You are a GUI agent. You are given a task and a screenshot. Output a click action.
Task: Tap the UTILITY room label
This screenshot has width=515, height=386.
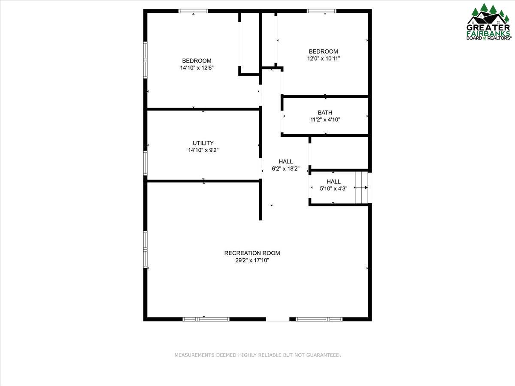203,143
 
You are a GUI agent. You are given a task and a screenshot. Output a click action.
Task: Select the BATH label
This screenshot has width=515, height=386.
325,113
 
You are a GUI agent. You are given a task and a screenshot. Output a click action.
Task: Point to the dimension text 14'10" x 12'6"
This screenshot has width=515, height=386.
197,68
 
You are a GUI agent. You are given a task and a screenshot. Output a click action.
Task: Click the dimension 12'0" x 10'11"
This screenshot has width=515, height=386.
324,58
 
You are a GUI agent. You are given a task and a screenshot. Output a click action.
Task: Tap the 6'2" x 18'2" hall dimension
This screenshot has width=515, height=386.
285,169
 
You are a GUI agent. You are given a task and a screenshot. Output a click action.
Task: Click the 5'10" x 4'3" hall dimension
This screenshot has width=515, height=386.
333,188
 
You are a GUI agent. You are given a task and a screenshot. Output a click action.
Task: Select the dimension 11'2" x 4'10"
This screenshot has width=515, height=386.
325,120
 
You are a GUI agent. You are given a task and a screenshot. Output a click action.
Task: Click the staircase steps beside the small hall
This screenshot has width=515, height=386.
361,187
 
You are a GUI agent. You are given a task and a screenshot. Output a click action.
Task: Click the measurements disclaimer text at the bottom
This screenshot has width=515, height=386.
257,355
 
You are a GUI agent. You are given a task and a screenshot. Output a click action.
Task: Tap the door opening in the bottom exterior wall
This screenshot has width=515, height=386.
278,319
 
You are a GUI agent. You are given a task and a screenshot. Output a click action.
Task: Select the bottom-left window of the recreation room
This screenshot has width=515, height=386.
206,319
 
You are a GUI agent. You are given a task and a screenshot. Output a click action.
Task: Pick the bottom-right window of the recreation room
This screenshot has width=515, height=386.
319,319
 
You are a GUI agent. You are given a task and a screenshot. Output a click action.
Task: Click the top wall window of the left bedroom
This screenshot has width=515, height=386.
193,11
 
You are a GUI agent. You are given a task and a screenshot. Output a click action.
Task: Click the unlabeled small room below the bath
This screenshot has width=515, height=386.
339,153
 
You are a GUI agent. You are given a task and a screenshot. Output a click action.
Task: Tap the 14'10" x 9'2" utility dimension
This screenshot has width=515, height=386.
203,151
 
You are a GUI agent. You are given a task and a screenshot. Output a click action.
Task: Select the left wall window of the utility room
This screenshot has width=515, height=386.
145,163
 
